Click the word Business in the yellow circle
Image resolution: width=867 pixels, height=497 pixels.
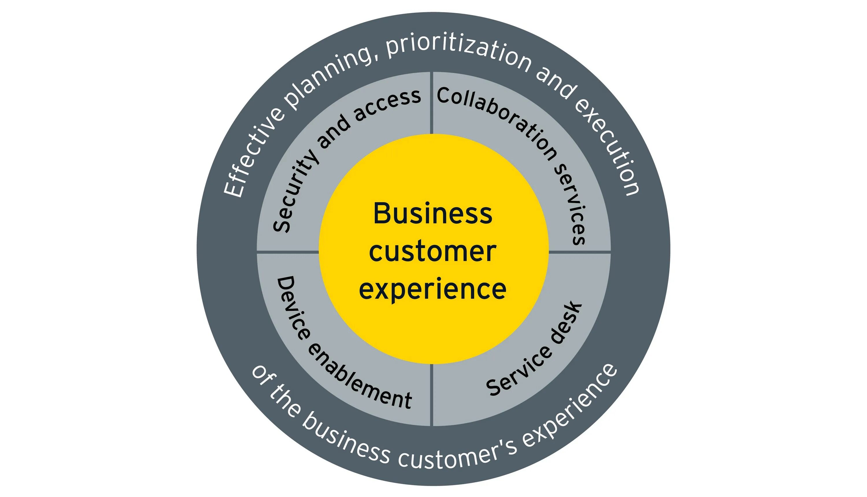pyautogui.click(x=433, y=214)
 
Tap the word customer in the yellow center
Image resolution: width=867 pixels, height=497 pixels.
pyautogui.click(x=433, y=252)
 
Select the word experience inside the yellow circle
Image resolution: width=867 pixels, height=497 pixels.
pyautogui.click(x=433, y=289)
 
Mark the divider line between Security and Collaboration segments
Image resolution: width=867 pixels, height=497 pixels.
pyautogui.click(x=432, y=102)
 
